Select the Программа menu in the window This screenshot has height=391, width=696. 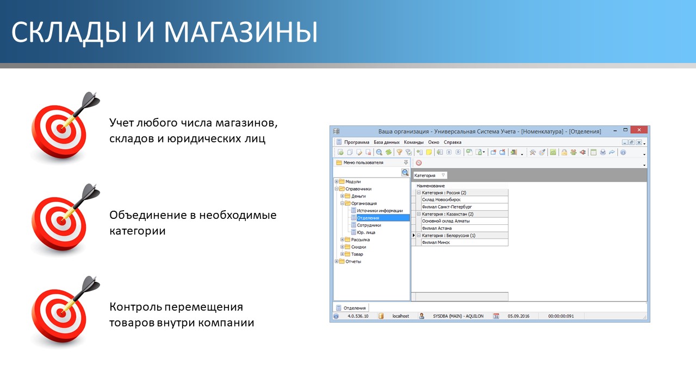(x=356, y=142)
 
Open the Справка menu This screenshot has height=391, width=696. (x=453, y=142)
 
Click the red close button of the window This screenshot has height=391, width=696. (x=639, y=131)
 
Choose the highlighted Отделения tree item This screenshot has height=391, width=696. (x=368, y=218)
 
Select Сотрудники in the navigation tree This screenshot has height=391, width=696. (x=369, y=225)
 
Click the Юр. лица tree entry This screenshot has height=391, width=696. (x=366, y=232)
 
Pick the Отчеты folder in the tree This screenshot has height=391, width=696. (x=353, y=261)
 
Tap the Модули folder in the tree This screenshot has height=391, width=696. (x=353, y=181)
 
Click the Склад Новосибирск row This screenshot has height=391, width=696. (x=441, y=200)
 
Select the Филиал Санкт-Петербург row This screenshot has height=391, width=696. (x=446, y=207)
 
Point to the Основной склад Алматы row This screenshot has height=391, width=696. (x=446, y=221)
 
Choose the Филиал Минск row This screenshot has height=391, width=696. (x=436, y=243)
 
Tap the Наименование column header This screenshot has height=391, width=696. (x=431, y=186)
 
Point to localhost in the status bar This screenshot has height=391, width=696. (x=401, y=316)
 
